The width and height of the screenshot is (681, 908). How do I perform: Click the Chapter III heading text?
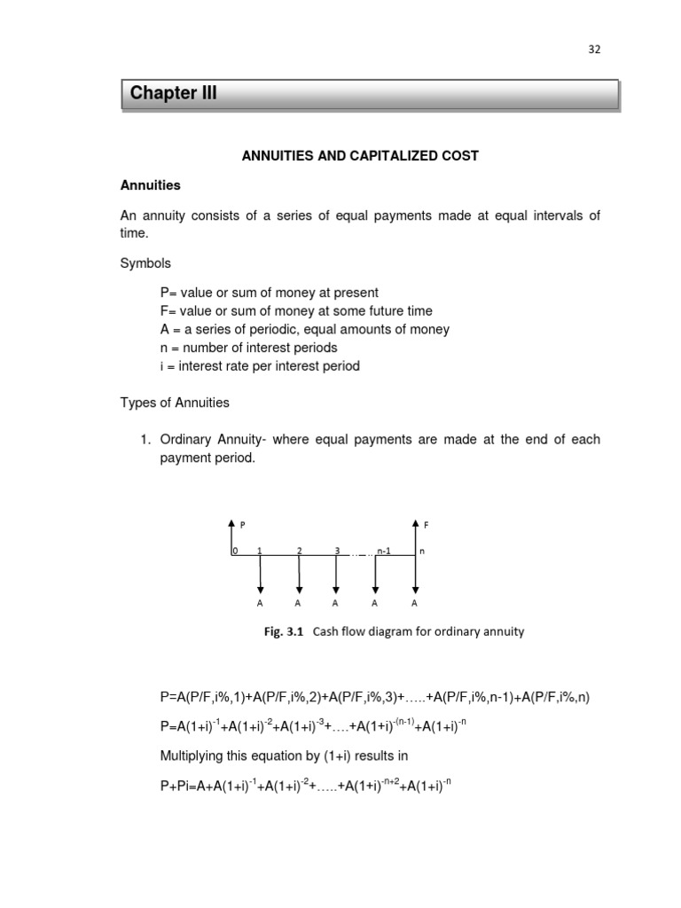point(173,94)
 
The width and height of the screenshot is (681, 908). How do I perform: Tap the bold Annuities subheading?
point(150,185)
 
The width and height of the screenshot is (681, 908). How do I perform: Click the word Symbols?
point(145,263)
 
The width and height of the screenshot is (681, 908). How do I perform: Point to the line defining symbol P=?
point(269,292)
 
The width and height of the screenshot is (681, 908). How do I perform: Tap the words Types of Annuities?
point(175,403)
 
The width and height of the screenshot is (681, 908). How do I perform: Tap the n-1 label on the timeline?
point(384,551)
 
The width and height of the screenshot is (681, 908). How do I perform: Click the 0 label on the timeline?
point(235,551)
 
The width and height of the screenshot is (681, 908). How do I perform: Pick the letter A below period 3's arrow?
point(336,604)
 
